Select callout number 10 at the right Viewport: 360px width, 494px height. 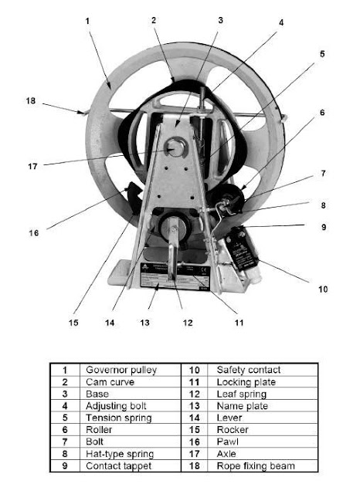point(322,289)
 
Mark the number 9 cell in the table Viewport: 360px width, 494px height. point(65,466)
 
